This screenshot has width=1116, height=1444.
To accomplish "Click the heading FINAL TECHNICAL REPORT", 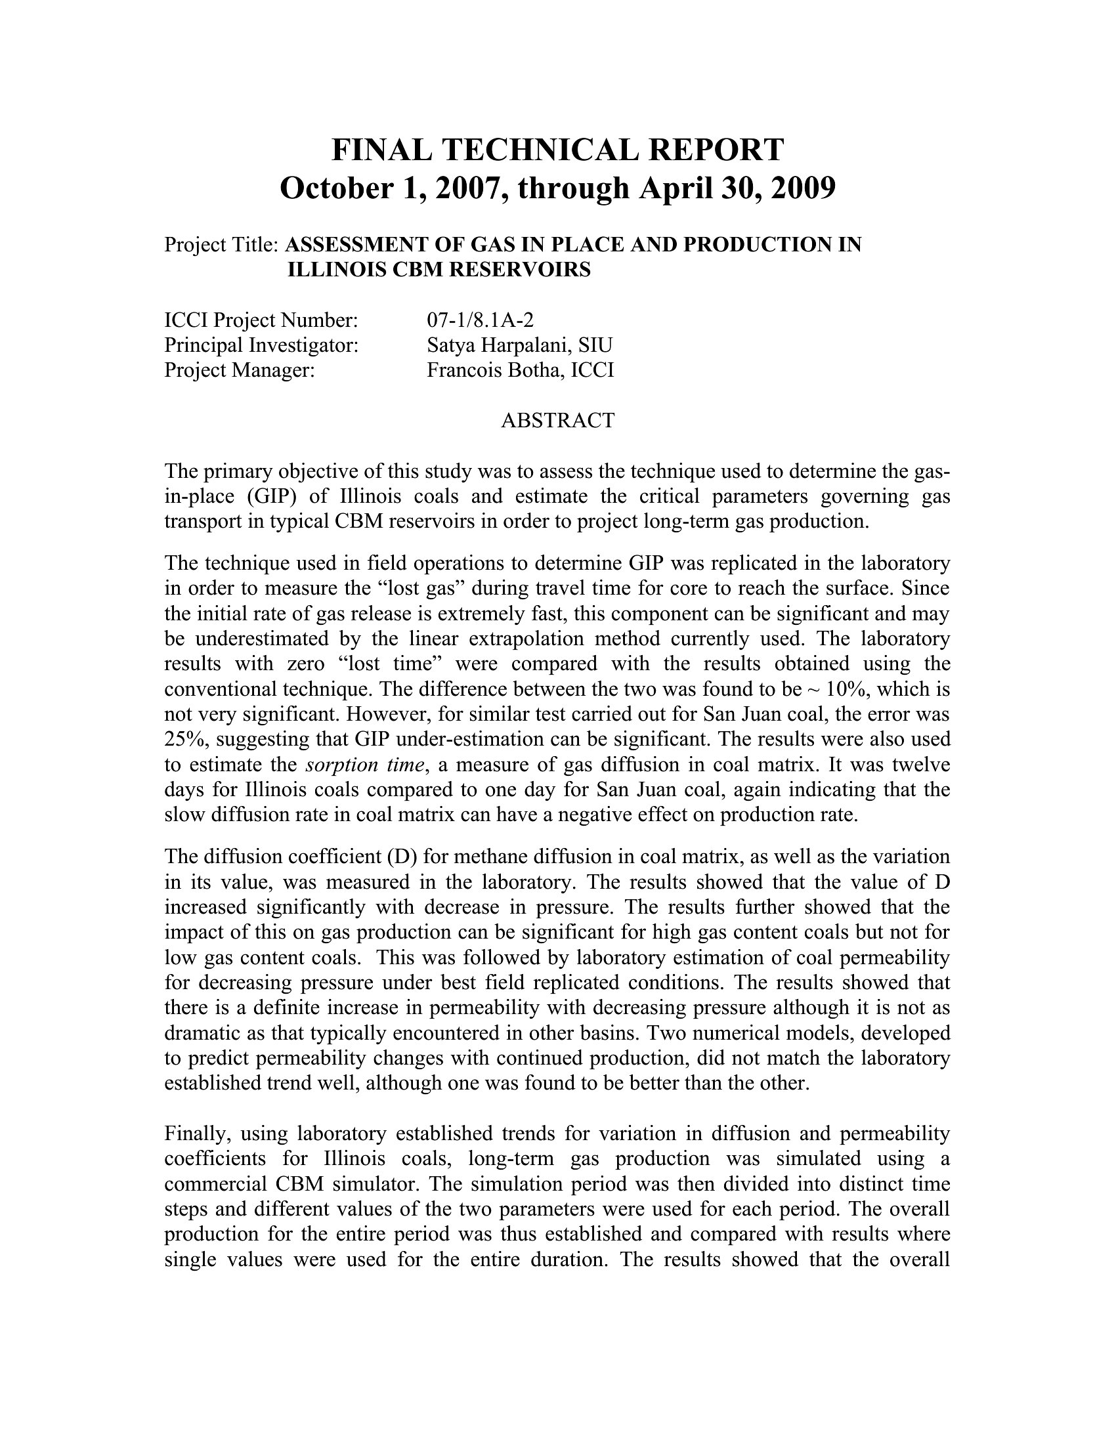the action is pyautogui.click(x=557, y=150).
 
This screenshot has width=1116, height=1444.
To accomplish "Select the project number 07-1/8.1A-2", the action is pyautogui.click(x=480, y=320).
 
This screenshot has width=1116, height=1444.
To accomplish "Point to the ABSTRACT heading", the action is pyautogui.click(x=557, y=421).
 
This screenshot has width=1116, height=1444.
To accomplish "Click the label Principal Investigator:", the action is pyautogui.click(x=261, y=345).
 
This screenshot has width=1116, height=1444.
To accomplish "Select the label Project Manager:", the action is pyautogui.click(x=240, y=370).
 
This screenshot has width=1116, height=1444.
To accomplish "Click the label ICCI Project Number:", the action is pyautogui.click(x=261, y=320).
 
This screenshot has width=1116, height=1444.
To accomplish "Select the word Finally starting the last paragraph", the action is pyautogui.click(x=196, y=1134).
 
